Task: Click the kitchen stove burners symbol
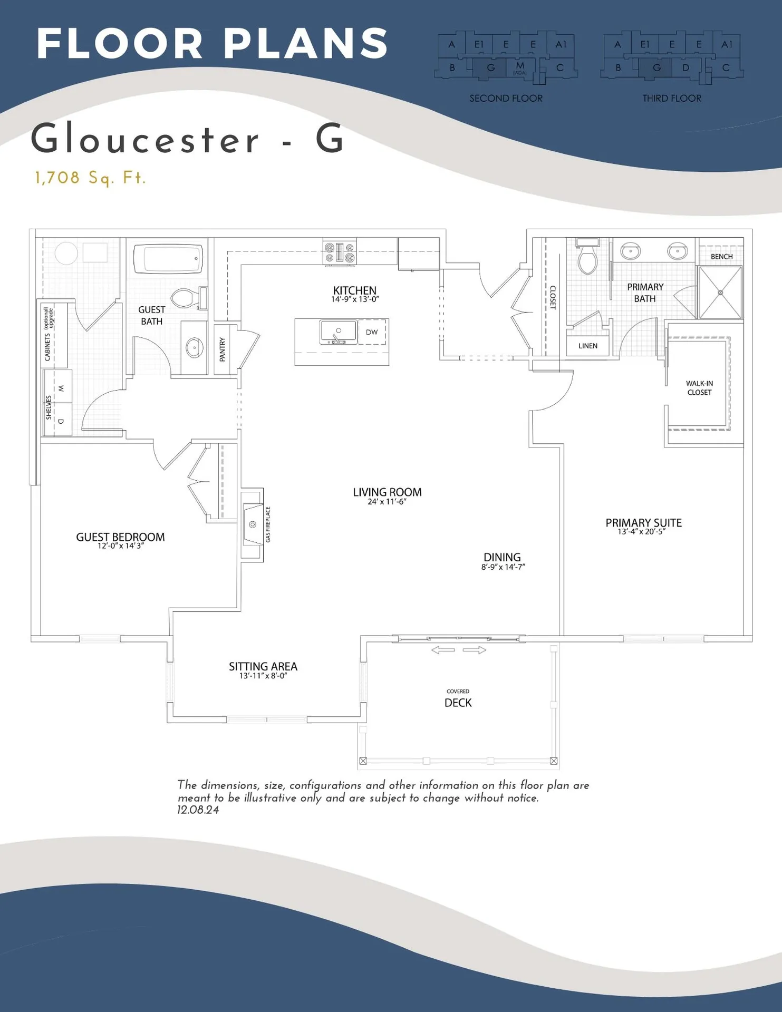coord(340,252)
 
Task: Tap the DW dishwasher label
coord(372,332)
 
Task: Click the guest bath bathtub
coord(168,259)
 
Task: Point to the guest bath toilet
coord(185,298)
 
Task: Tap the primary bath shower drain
coord(720,293)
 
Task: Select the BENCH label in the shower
coord(721,257)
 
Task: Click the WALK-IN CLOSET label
coord(699,388)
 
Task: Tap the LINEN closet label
coord(587,346)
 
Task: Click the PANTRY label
coord(223,349)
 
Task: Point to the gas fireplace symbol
coord(253,524)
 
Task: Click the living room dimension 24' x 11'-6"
coord(387,502)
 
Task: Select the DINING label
coord(502,558)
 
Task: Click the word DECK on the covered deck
coord(458,703)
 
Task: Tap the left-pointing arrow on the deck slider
coord(442,650)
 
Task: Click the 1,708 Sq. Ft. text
coord(90,178)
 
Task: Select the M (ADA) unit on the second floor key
coord(520,67)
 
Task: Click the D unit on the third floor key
coord(686,67)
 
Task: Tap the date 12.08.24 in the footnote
coord(198,810)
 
